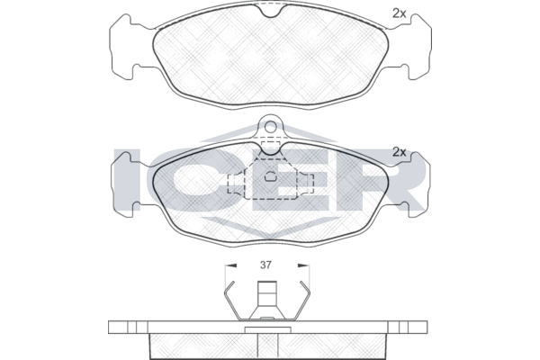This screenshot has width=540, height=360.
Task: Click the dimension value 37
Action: coord(265,265)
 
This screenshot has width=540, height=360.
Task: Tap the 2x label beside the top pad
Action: coord(399,13)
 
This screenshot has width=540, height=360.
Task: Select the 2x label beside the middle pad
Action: coord(400,152)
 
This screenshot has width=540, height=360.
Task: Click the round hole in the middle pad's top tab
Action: coord(270,127)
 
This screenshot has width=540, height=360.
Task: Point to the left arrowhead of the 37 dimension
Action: coord(230,265)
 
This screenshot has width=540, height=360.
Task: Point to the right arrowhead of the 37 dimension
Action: coord(303,265)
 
